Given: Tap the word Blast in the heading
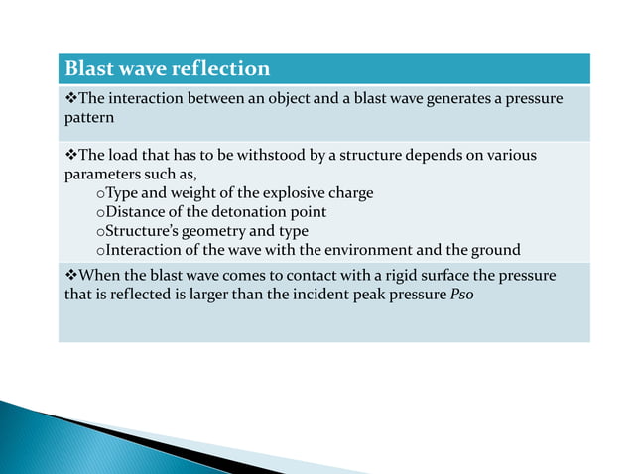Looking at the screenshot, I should coord(87,69).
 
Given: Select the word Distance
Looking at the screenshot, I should coord(135,211).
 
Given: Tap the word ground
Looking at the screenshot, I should coord(496,248).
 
